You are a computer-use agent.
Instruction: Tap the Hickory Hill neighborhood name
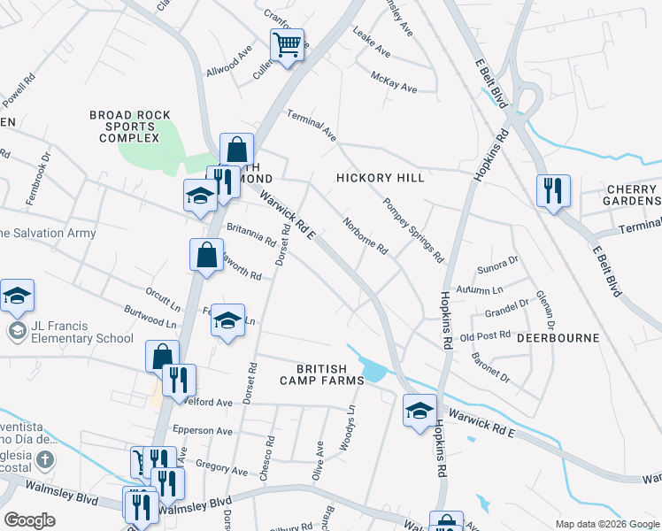coord(381,178)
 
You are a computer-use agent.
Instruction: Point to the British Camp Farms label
coord(330,374)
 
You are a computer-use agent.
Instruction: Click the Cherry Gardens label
coord(633,195)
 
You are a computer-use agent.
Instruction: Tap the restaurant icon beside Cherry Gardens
coord(553,190)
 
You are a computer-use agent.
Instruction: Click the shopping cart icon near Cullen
coord(287,45)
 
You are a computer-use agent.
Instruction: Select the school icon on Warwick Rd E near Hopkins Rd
coord(420,410)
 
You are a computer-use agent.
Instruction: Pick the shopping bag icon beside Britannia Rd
coord(206,256)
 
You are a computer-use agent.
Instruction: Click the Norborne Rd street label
coord(366,236)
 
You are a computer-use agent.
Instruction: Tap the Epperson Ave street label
coord(203,431)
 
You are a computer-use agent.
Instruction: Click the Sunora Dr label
coord(496,265)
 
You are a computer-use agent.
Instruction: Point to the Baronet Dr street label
coord(491,366)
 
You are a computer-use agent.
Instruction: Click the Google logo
coord(30,520)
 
